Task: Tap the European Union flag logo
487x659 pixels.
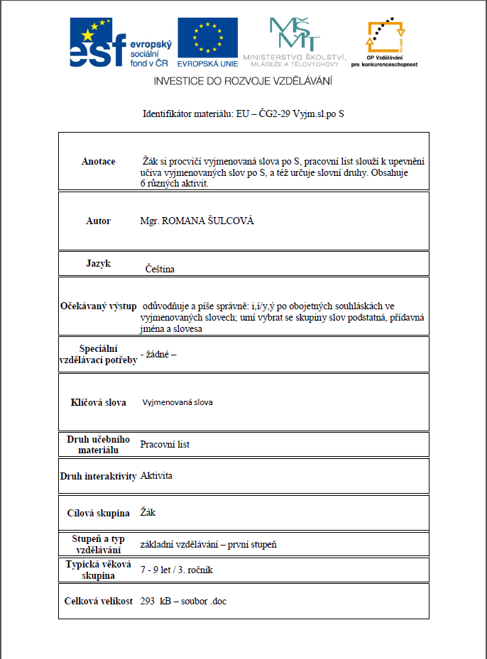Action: (x=207, y=39)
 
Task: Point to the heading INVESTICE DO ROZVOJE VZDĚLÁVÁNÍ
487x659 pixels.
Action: (x=243, y=81)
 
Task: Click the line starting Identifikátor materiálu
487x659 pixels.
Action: (x=243, y=113)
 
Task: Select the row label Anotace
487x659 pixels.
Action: (x=98, y=162)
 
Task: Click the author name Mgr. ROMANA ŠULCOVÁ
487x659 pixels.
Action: (x=197, y=221)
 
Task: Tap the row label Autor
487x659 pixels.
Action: (x=98, y=221)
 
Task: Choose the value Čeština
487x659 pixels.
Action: (x=160, y=269)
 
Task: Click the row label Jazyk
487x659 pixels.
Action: (x=98, y=263)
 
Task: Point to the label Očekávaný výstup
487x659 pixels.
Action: (x=98, y=306)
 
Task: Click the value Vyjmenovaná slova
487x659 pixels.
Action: (x=177, y=402)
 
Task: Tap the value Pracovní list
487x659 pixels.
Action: (x=165, y=445)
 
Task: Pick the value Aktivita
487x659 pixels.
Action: (x=156, y=476)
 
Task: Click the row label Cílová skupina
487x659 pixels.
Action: (x=98, y=513)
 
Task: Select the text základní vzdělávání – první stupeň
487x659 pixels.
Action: (x=207, y=544)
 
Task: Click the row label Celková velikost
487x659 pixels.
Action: (x=98, y=602)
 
